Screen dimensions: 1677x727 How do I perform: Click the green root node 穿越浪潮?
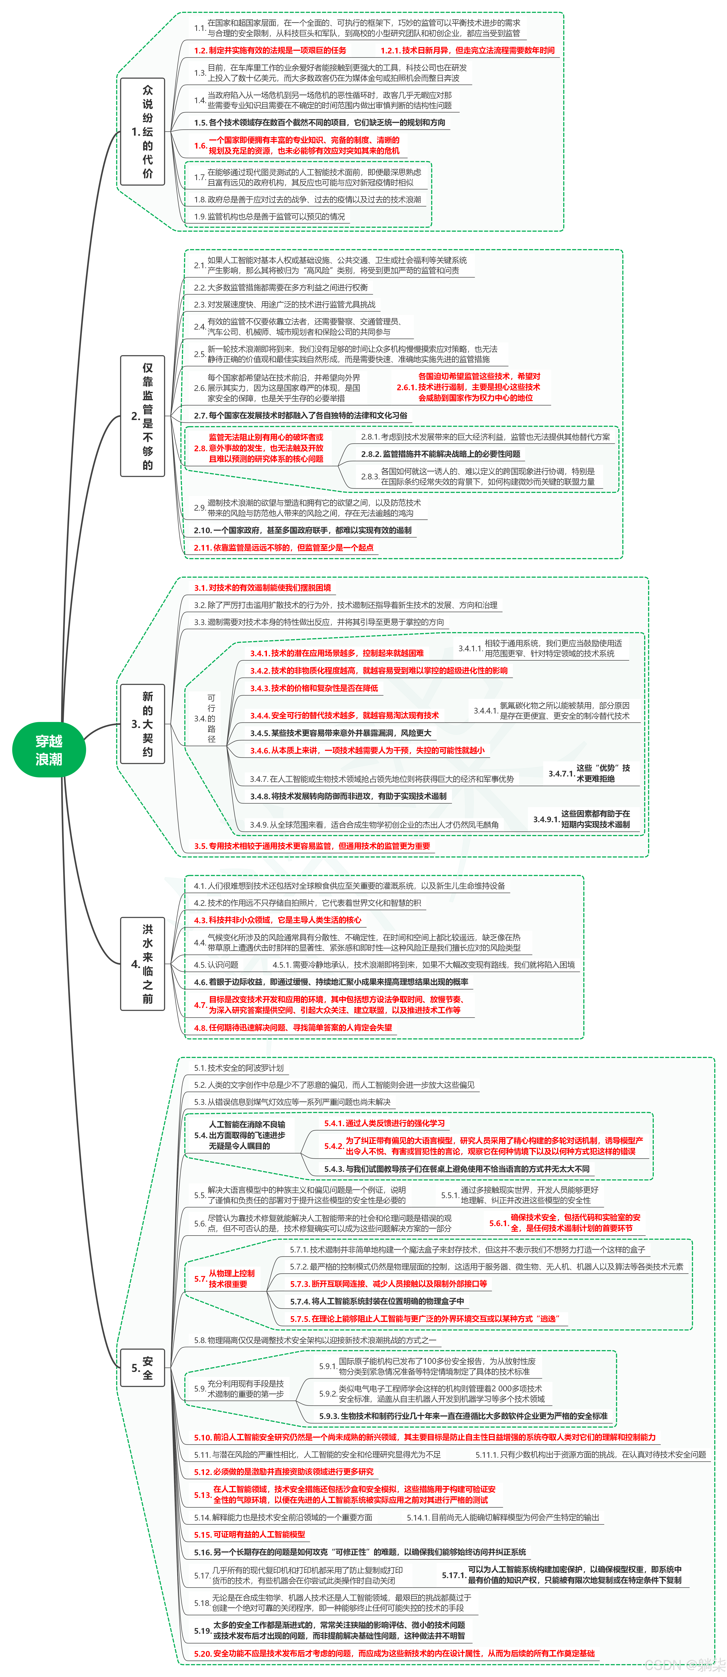(x=49, y=750)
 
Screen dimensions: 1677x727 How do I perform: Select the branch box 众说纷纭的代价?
(x=143, y=132)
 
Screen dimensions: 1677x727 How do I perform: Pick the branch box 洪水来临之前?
(x=143, y=963)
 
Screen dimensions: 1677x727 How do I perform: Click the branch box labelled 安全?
(x=143, y=1368)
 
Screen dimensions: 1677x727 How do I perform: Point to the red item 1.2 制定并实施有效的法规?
(x=270, y=50)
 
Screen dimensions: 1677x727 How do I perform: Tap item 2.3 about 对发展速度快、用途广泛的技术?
(x=284, y=304)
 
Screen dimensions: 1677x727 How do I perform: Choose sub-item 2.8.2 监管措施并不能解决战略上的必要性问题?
(x=441, y=454)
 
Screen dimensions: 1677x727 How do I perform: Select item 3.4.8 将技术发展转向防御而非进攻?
(x=348, y=796)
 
